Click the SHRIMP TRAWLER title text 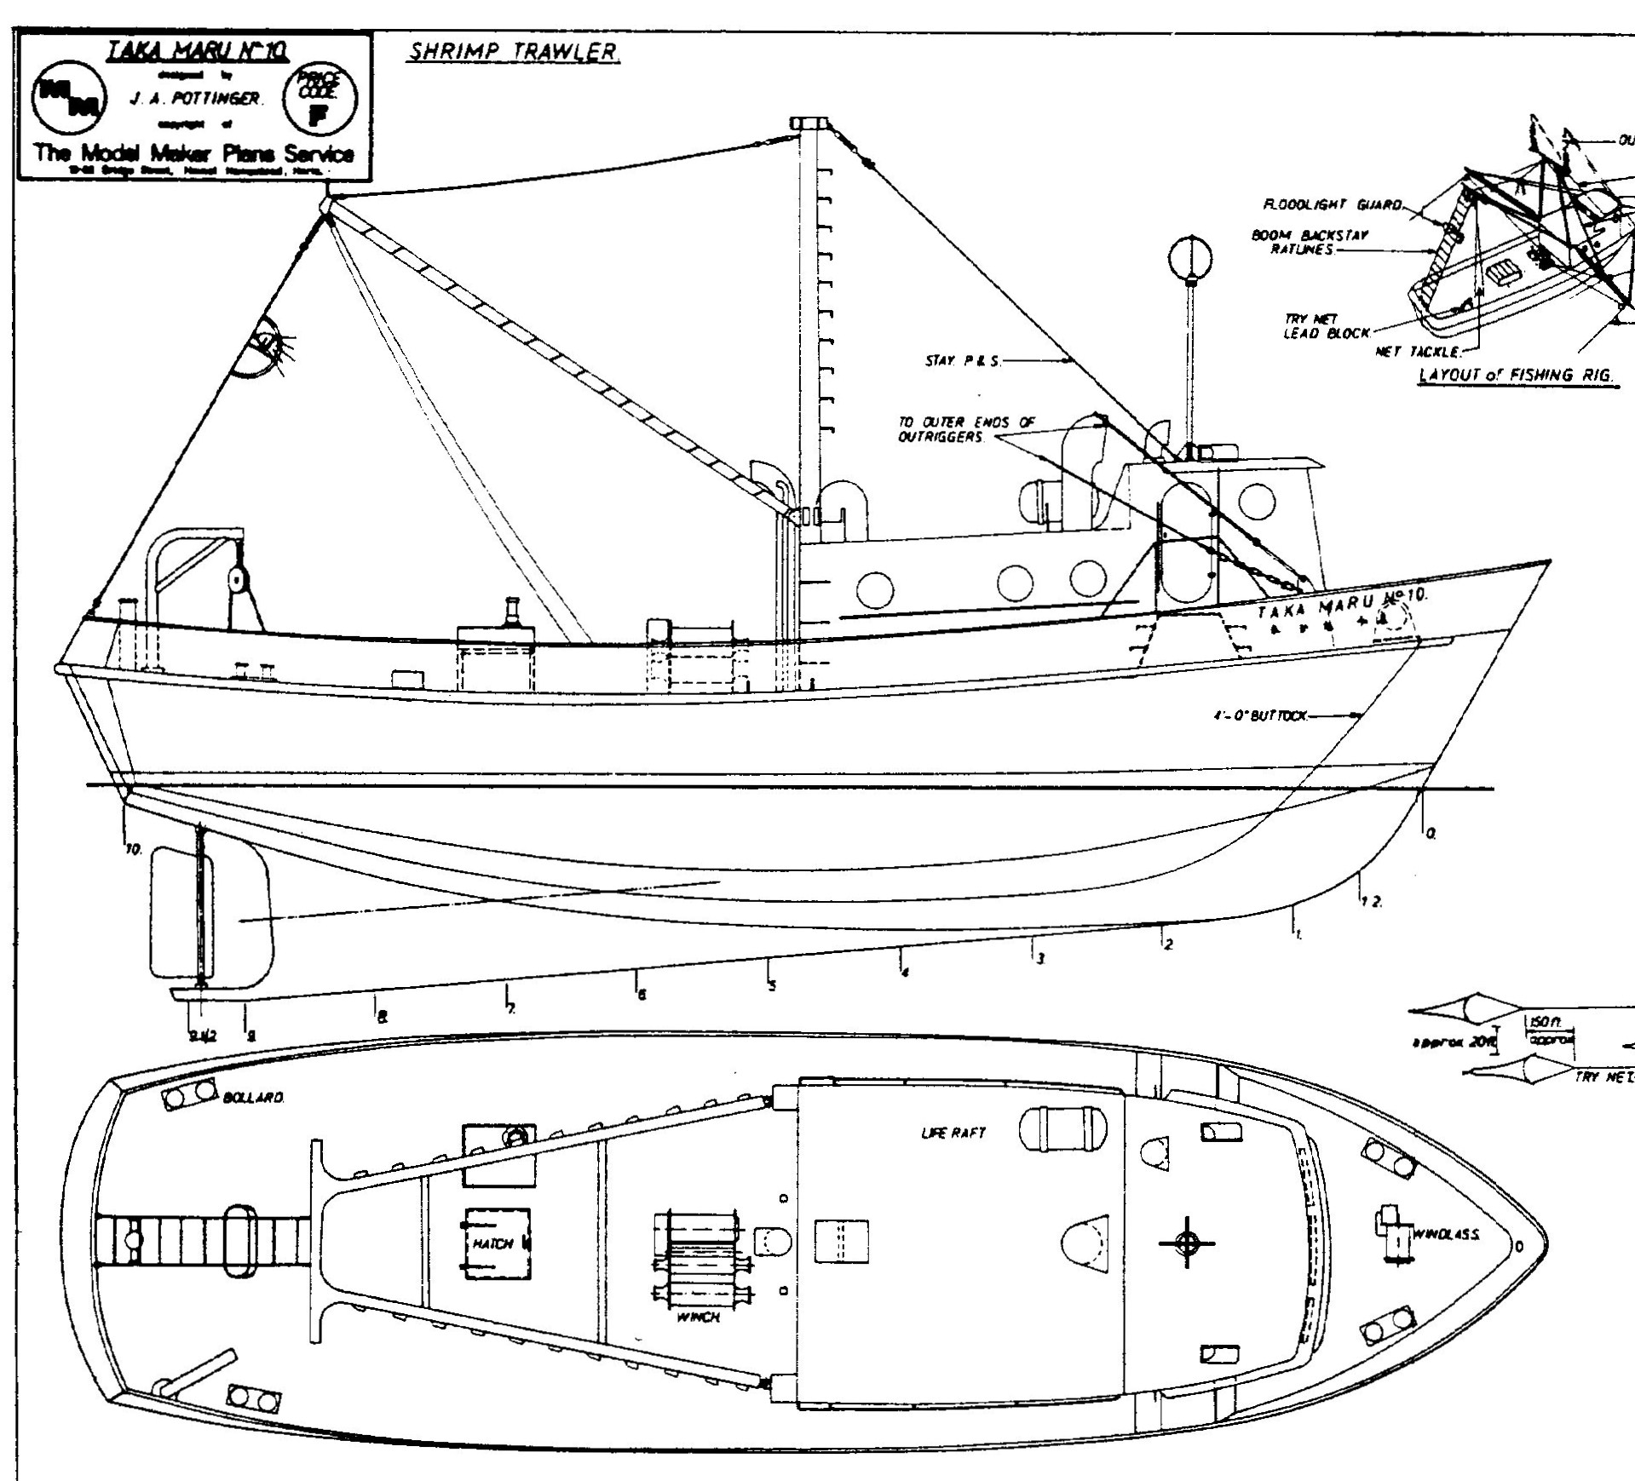[x=514, y=52]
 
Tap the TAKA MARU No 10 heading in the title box [x=197, y=53]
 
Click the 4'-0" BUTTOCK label [x=1260, y=716]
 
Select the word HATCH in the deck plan [x=492, y=1244]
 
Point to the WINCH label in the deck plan [x=698, y=1317]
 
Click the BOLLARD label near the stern [x=253, y=1098]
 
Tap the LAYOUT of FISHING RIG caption [x=1517, y=376]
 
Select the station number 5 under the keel [x=772, y=986]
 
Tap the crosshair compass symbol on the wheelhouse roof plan [x=1186, y=1243]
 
